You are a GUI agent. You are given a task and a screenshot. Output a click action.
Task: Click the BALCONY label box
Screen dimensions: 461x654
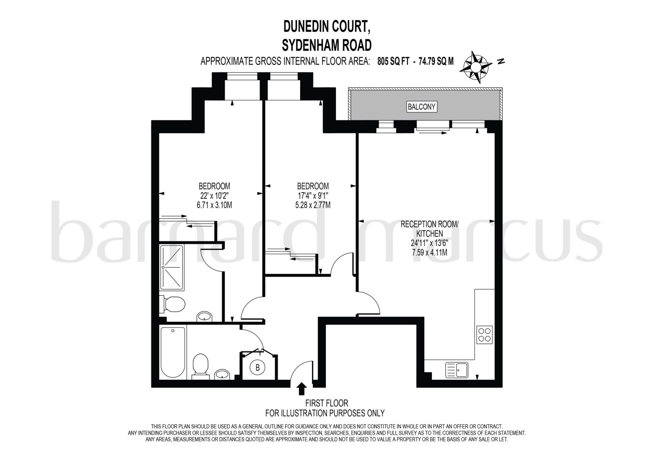click(422, 107)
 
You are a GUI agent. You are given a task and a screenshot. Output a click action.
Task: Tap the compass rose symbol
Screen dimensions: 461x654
click(475, 67)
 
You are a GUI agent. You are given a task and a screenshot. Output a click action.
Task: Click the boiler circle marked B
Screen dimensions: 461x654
click(257, 368)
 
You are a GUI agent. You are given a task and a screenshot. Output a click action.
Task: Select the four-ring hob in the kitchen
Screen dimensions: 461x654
click(484, 335)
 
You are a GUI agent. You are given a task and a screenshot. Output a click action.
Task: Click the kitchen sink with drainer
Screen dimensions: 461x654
click(457, 370)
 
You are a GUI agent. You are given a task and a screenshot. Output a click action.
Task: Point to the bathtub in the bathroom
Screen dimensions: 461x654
click(173, 352)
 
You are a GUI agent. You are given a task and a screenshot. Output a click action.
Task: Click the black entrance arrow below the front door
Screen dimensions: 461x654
click(301, 389)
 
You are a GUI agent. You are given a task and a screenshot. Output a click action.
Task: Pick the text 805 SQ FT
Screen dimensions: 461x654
click(393, 61)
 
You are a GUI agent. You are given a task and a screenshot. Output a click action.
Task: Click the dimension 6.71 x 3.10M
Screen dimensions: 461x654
click(214, 205)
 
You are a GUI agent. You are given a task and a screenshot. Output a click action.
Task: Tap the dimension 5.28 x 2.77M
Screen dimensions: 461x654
click(313, 205)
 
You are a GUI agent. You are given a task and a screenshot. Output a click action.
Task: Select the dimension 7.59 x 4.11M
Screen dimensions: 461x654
click(429, 252)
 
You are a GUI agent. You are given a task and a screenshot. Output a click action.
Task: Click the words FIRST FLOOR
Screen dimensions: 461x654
click(326, 403)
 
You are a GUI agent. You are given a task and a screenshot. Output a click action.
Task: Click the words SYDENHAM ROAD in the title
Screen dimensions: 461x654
click(327, 45)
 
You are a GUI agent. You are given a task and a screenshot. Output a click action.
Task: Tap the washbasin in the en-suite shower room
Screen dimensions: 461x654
click(204, 317)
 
